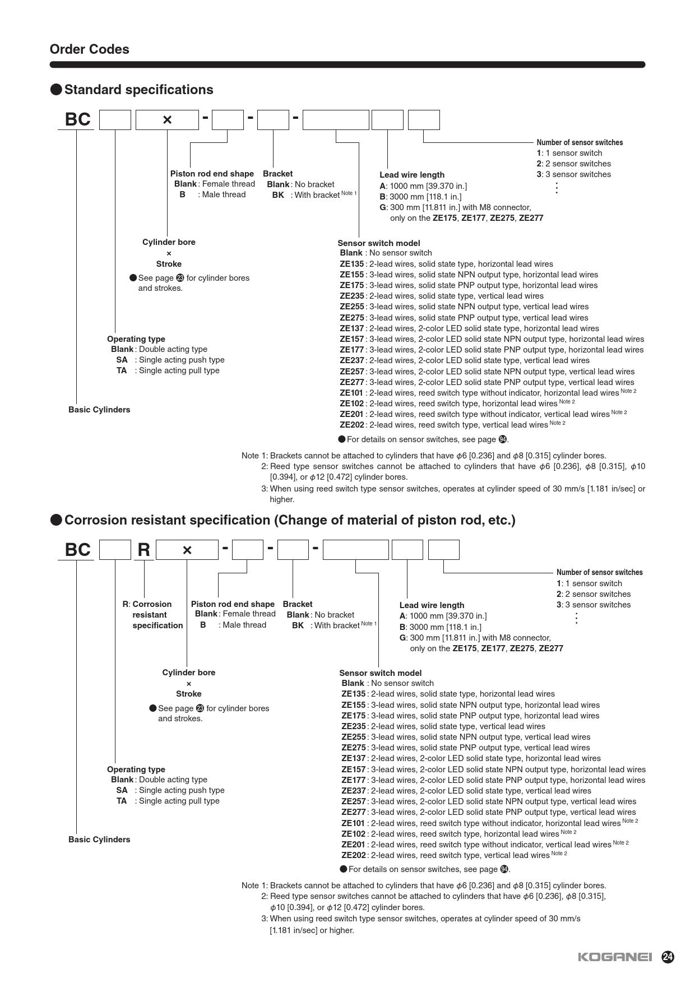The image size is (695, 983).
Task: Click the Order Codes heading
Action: (x=89, y=49)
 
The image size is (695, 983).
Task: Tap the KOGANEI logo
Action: (x=615, y=957)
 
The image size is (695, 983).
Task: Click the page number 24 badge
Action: (x=668, y=957)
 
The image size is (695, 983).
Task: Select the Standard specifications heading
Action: (x=138, y=90)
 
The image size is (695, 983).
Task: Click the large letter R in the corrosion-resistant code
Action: (x=143, y=550)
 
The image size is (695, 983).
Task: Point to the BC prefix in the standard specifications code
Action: (x=77, y=119)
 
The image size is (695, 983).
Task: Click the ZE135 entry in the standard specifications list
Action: (x=352, y=264)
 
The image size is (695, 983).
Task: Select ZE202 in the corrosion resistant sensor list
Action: (x=354, y=855)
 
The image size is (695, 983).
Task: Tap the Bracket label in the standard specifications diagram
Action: (x=277, y=174)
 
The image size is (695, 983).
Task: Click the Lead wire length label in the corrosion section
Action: (x=432, y=605)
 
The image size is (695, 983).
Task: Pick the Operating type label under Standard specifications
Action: (x=136, y=339)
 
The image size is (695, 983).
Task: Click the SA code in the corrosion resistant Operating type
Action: (x=122, y=790)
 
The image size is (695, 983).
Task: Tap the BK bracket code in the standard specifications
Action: (x=278, y=195)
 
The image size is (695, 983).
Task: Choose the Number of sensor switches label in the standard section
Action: (x=580, y=142)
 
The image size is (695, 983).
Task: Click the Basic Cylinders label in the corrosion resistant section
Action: (x=99, y=840)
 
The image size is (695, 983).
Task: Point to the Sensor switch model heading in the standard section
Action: (x=378, y=243)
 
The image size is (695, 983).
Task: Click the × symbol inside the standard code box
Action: (x=167, y=120)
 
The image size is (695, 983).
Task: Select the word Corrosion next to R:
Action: (x=152, y=604)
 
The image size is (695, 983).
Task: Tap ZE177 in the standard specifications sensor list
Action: (x=352, y=350)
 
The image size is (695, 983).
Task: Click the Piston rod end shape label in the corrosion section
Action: (x=233, y=604)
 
